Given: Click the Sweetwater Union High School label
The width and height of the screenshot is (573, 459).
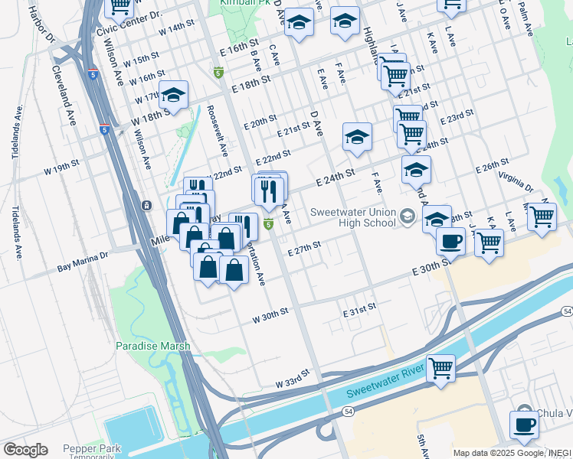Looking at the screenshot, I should (x=352, y=217).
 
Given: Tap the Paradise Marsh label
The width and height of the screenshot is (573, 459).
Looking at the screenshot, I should (x=153, y=346).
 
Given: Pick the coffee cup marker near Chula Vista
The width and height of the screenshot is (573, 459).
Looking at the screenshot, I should (x=525, y=424).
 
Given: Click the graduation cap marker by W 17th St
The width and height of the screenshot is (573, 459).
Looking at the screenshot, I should (x=174, y=95).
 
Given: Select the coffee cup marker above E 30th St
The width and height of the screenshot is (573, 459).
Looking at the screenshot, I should (x=450, y=242).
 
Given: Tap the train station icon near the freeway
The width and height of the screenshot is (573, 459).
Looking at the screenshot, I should (x=146, y=205).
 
